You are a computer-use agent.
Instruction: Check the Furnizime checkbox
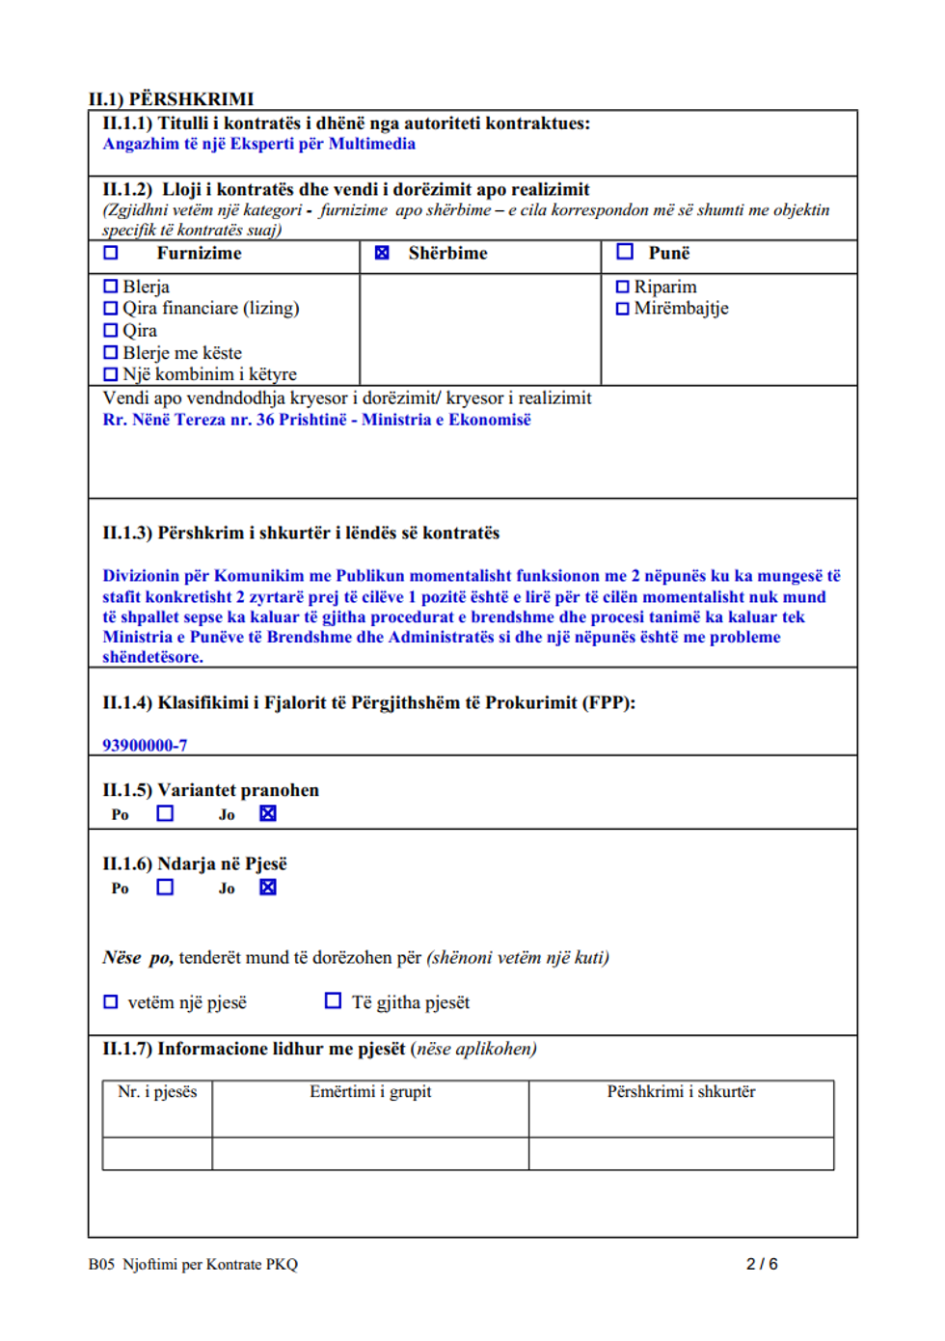tap(111, 253)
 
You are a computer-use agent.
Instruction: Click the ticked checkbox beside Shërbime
tap(382, 253)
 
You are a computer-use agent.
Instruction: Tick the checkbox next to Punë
tap(625, 252)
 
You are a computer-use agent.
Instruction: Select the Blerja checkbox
tap(111, 287)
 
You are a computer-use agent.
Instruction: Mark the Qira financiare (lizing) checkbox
tap(111, 309)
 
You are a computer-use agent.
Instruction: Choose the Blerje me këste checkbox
tap(111, 353)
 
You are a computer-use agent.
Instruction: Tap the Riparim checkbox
tap(622, 287)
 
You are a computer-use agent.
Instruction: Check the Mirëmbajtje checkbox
tap(622, 309)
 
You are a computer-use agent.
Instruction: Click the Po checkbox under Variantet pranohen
tap(166, 813)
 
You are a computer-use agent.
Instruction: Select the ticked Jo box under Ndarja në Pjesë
tap(268, 887)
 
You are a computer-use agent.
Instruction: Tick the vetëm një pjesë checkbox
tap(111, 1002)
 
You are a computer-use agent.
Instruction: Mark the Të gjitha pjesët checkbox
tap(333, 1001)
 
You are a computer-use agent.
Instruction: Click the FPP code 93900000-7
tap(145, 745)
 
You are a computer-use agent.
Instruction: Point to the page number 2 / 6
tap(762, 1264)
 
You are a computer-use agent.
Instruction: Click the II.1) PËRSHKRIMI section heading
tap(172, 99)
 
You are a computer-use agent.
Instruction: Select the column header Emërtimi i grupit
tap(370, 1092)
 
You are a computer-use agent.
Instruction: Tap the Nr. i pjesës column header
tap(157, 1092)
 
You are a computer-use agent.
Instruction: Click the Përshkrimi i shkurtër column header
tap(681, 1092)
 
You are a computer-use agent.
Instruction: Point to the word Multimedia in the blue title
tap(371, 144)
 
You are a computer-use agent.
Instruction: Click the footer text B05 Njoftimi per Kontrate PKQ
tap(193, 1264)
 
